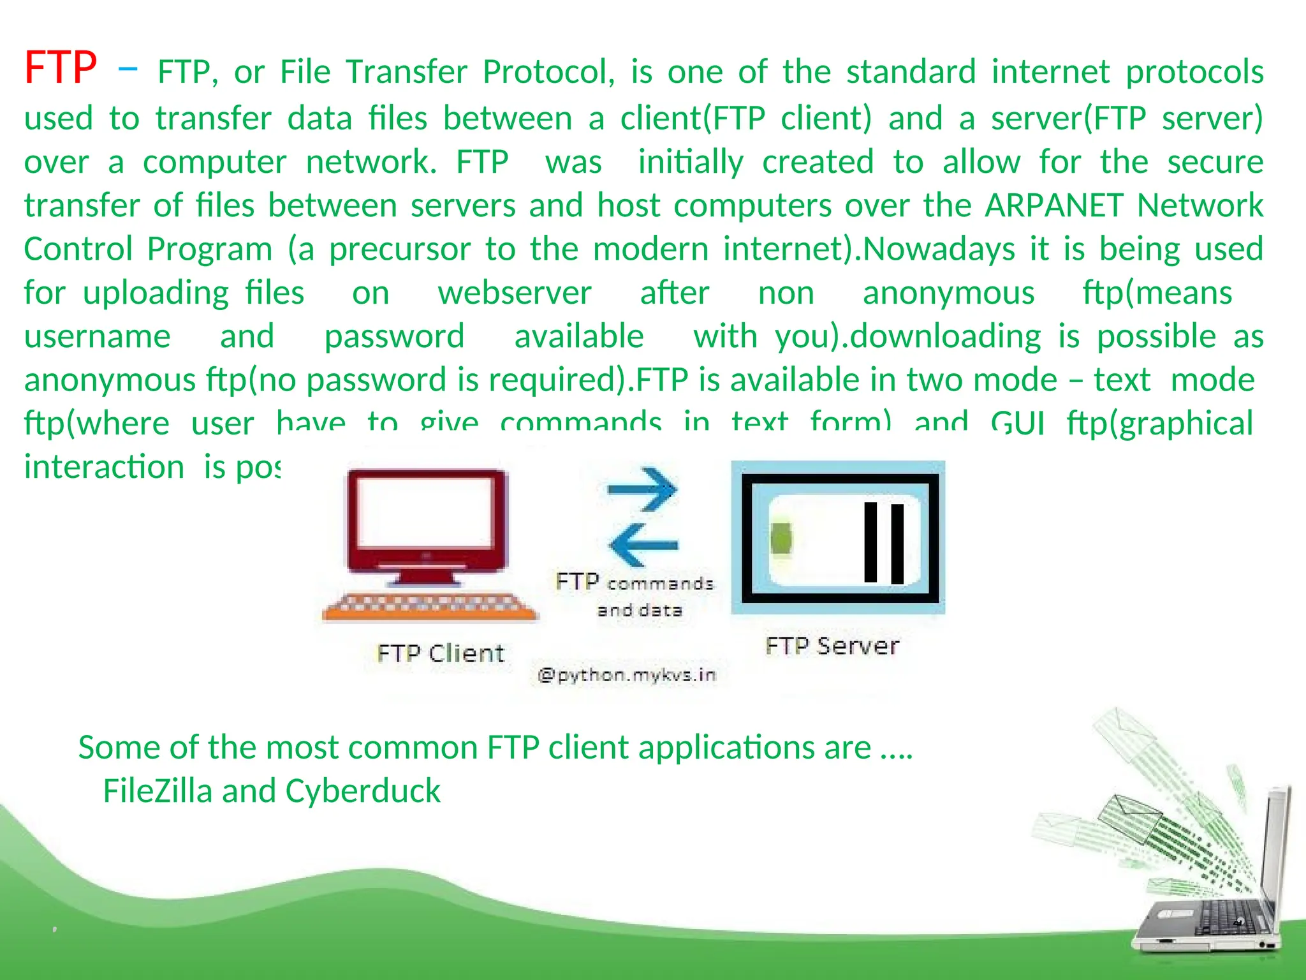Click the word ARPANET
click(1053, 205)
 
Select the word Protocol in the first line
click(548, 71)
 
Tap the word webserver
click(515, 293)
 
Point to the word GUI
click(1018, 423)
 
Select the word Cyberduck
click(363, 791)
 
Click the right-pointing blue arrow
click(642, 489)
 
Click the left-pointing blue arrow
click(643, 545)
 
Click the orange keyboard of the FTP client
click(429, 607)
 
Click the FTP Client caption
click(440, 653)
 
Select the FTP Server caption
click(832, 646)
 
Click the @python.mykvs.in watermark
click(627, 675)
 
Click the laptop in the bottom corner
click(1212, 893)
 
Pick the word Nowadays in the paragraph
click(938, 249)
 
